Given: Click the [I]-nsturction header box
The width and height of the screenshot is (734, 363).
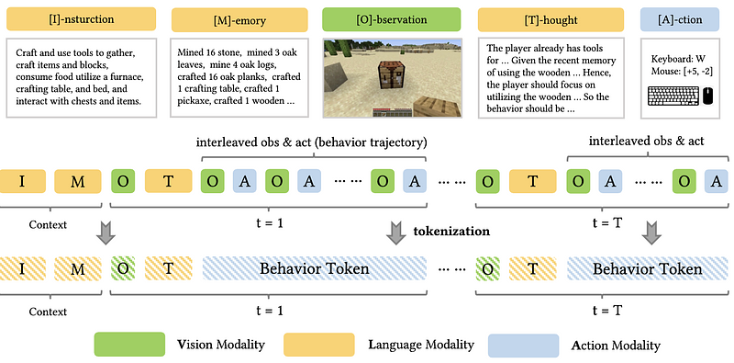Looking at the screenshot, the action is (x=82, y=19).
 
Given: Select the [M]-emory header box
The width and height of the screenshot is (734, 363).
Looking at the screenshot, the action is (x=239, y=19).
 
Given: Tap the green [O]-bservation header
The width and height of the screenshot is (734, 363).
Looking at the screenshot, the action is (x=392, y=19).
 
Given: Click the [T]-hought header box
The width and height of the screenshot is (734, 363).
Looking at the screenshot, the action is (x=550, y=19).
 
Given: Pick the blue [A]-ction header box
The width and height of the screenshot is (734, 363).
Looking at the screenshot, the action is (x=679, y=19).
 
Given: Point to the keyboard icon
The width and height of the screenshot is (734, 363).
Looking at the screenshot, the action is (x=673, y=96).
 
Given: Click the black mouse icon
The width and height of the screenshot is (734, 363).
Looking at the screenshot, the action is (x=708, y=96).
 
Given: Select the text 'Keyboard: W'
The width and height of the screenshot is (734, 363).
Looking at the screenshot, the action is (x=678, y=59).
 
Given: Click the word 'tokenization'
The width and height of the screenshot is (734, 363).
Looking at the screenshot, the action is (x=451, y=232).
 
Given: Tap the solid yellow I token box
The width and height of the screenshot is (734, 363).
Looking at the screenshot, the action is (x=22, y=182).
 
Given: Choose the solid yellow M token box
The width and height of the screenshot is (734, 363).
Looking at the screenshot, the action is (x=78, y=182).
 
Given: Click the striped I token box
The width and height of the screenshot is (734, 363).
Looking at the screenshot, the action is (x=22, y=268).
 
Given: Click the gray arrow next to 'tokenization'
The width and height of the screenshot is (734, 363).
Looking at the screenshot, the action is (x=396, y=233).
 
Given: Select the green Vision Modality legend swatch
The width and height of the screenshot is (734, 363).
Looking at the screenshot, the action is (x=129, y=345).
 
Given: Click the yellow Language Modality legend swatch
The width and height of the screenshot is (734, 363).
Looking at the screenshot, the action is (x=318, y=345).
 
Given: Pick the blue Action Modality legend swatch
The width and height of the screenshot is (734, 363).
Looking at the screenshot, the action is (x=523, y=345).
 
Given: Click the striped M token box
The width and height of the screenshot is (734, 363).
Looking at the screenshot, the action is (x=78, y=268).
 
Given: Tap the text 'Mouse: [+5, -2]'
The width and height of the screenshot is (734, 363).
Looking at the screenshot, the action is (x=682, y=72).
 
